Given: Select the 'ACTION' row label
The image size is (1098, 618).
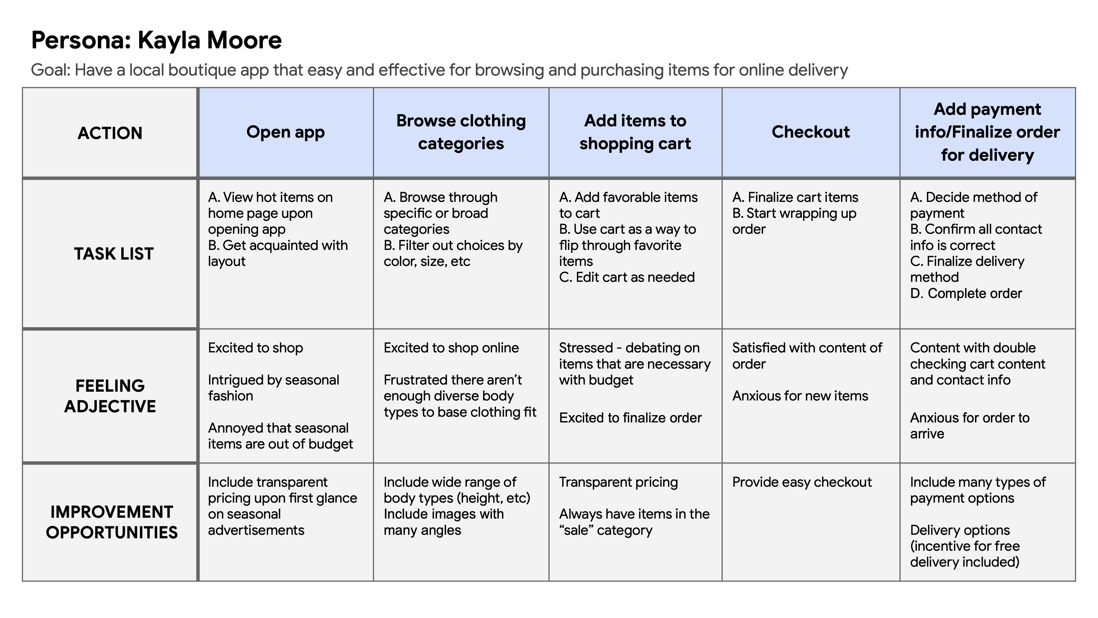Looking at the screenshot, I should tap(110, 133).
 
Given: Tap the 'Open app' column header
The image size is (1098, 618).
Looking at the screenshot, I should tap(285, 132).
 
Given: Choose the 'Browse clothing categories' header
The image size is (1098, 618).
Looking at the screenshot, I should tap(461, 132).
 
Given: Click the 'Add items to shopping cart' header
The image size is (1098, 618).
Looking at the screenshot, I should tap(635, 132).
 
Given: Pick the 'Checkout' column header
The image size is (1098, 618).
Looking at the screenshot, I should tap(811, 132).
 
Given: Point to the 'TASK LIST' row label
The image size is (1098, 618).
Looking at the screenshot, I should tap(114, 254).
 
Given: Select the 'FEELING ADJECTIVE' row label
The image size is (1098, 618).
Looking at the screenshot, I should tap(110, 396).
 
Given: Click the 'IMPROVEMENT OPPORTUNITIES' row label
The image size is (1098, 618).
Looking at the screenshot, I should tap(112, 522).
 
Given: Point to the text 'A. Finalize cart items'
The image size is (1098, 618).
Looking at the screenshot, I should tap(795, 197).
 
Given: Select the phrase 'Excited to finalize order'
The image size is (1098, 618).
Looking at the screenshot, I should tap(630, 418).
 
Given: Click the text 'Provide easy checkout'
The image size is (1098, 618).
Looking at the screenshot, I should tap(802, 482).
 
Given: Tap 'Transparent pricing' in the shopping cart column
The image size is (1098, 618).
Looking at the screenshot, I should tap(618, 482).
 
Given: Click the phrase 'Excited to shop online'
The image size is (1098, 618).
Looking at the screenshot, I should tap(451, 348).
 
